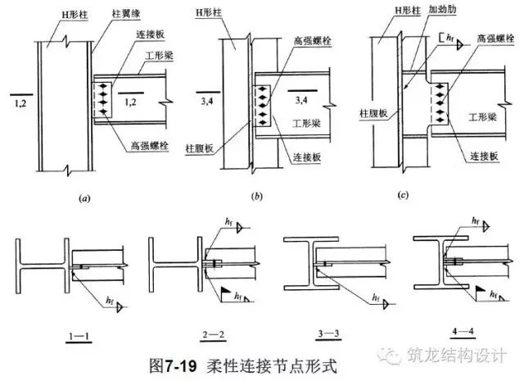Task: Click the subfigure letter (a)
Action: [84, 198]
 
